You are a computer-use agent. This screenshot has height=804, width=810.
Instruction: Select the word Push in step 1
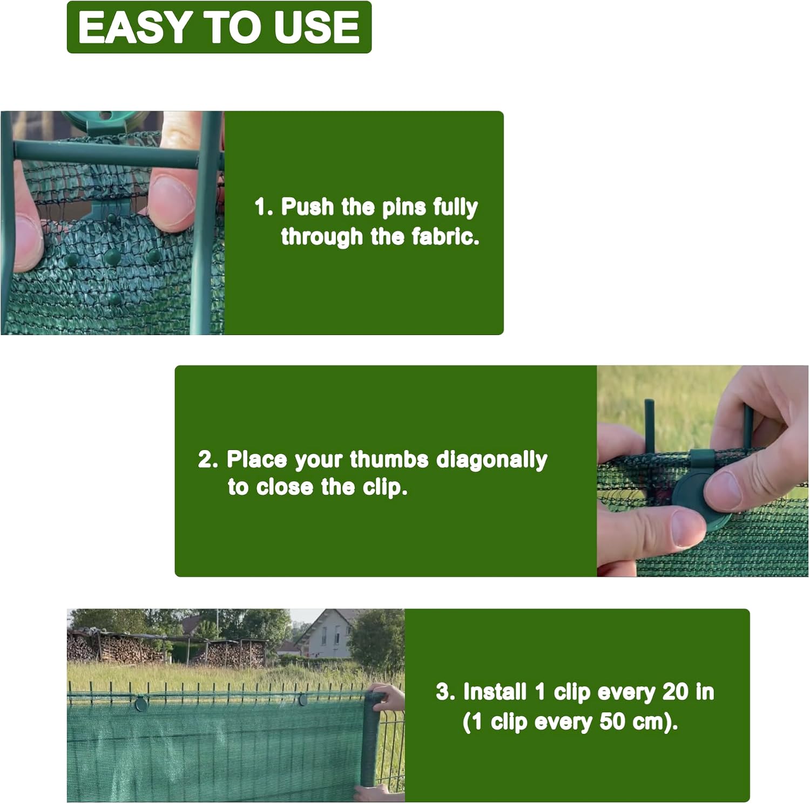point(307,207)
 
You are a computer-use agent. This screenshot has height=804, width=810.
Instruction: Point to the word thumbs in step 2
point(389,459)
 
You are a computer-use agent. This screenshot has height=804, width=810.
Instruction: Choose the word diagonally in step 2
point(491,460)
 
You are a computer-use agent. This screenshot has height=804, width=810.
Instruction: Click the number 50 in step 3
point(612,721)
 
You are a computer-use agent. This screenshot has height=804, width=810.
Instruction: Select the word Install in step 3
point(495,692)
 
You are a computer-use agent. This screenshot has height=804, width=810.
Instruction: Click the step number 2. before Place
point(208,459)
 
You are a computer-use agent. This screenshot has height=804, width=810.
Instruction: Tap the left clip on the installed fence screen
point(141,703)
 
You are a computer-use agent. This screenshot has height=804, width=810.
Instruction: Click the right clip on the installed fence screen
point(303,700)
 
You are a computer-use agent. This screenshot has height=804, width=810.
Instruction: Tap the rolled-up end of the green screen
point(374,745)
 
